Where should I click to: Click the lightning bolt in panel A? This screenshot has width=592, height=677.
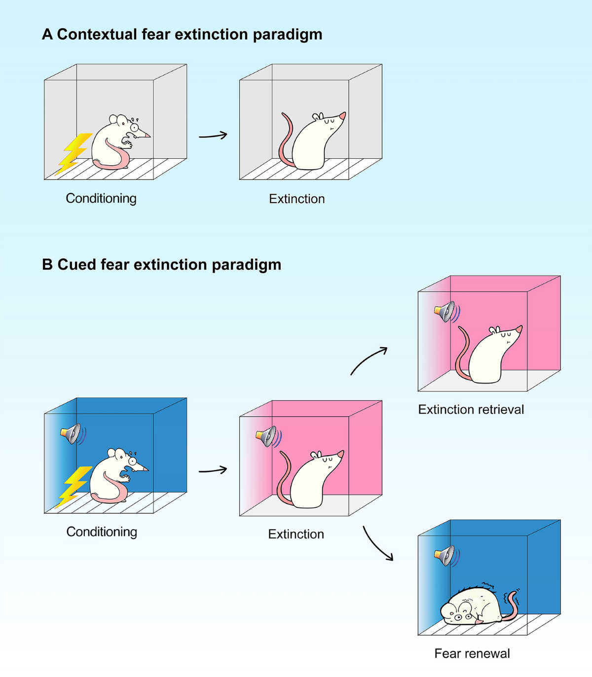[74, 153]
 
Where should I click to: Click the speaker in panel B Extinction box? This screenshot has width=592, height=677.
[267, 436]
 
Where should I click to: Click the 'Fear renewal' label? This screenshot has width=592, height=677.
[472, 653]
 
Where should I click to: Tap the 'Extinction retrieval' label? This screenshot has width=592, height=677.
[471, 409]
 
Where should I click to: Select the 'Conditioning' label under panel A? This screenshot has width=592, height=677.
[101, 198]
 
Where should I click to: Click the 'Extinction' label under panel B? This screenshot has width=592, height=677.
[296, 534]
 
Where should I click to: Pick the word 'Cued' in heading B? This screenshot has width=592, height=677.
[77, 265]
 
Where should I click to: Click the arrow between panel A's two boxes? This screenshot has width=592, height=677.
[213, 135]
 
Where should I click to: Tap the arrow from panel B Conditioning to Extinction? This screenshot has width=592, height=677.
[213, 470]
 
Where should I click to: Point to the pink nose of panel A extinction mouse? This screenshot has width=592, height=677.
[342, 116]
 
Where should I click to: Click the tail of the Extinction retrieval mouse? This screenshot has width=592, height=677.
[461, 355]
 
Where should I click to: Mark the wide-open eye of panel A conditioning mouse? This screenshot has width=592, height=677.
[134, 127]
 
